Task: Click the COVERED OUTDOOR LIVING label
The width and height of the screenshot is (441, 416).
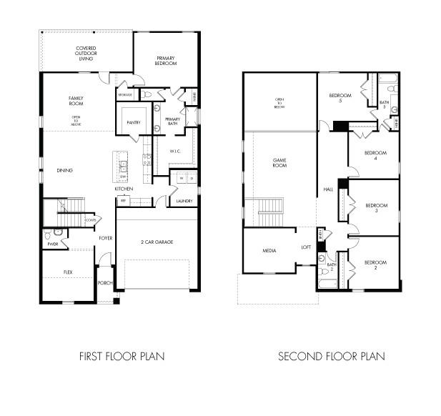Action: [x=86, y=54]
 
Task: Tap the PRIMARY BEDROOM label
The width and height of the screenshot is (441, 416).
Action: [x=166, y=60]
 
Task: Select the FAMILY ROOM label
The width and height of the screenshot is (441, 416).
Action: [x=76, y=101]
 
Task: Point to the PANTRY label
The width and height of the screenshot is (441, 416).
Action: [x=134, y=122]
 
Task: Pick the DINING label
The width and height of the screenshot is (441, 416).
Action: [x=66, y=170]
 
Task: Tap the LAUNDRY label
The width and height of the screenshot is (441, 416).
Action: [x=184, y=201]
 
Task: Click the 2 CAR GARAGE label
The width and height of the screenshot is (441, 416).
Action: [x=157, y=242]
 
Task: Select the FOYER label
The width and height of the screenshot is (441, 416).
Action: [x=105, y=238]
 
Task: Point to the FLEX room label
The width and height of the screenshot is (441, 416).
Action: [x=68, y=272]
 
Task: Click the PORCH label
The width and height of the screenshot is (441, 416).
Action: [x=104, y=283]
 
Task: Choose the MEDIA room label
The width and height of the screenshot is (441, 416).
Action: [x=269, y=251]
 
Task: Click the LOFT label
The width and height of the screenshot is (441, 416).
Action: [x=306, y=247]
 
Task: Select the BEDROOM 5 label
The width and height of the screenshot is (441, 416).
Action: [x=340, y=98]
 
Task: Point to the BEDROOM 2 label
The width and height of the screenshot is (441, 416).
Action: [x=375, y=265]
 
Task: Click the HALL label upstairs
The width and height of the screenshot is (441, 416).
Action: [x=328, y=189]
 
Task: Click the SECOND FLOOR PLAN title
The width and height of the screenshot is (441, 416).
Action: [x=331, y=355]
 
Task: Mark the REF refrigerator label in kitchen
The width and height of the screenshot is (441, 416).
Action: [x=123, y=201]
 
